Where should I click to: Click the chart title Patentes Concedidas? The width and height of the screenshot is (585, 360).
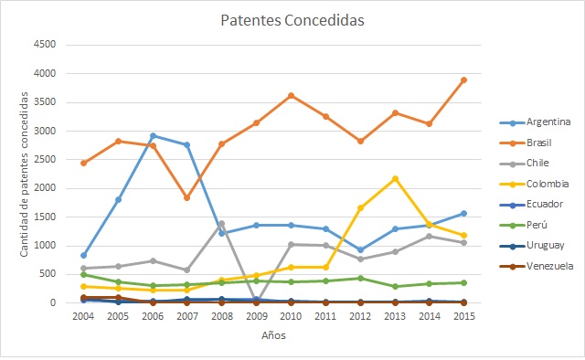click(x=292, y=19)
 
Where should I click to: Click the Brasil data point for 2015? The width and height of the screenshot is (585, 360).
click(x=464, y=80)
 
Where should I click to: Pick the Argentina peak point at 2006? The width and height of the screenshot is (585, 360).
click(x=153, y=136)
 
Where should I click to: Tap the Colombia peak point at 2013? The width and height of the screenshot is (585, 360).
click(x=395, y=178)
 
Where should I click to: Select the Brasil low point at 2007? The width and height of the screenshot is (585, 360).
click(x=186, y=197)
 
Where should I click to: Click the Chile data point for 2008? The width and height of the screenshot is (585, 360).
click(x=221, y=223)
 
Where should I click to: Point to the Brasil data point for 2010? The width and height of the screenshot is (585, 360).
click(x=291, y=95)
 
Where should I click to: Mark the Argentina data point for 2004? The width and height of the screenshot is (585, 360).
click(x=84, y=255)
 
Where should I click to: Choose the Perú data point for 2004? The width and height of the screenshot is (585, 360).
click(x=84, y=274)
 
